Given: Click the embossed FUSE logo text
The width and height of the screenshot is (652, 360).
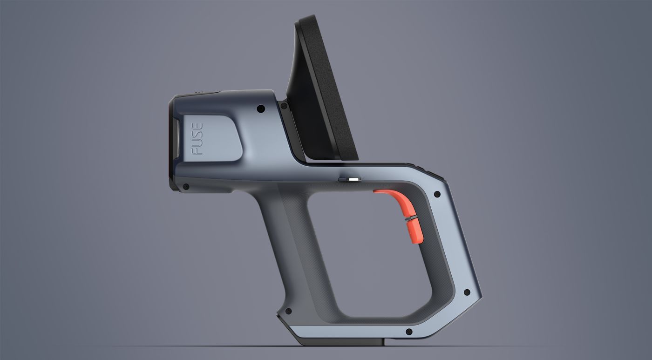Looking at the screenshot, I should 197,138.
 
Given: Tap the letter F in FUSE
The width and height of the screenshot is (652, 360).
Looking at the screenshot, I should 197,150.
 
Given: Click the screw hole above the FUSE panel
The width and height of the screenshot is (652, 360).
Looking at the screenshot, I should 260,109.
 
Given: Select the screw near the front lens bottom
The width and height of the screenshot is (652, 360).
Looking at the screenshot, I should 186,187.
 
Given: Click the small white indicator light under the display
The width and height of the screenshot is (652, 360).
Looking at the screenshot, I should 354,179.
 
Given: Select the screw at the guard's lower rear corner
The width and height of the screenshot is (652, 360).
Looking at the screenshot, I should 466,293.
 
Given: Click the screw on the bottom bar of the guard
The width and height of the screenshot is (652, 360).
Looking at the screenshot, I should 409,332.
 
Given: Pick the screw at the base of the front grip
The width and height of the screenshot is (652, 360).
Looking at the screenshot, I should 288,311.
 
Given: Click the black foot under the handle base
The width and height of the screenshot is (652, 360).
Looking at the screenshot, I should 340,342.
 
